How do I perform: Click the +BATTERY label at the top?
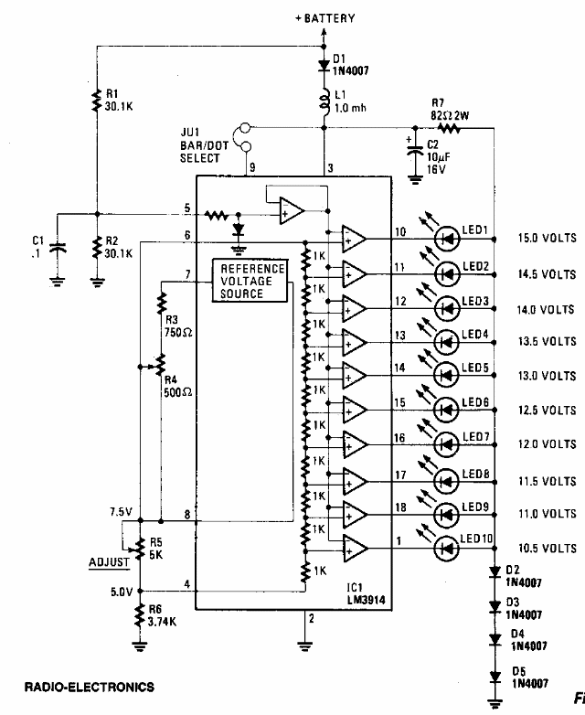(324, 18)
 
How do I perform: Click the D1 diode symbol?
(324, 65)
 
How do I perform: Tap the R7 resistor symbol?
(449, 128)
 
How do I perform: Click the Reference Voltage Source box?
(250, 281)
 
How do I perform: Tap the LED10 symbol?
(446, 549)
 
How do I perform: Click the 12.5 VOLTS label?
(547, 410)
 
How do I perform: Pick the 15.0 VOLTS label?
(547, 238)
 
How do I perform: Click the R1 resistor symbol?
(96, 101)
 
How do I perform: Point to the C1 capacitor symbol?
(57, 248)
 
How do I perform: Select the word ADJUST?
(109, 562)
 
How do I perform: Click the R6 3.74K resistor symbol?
(140, 615)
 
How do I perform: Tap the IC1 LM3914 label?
(367, 593)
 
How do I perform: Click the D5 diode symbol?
(495, 678)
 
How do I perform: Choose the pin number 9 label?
(252, 167)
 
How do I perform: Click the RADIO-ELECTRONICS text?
(90, 688)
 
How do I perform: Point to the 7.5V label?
(121, 512)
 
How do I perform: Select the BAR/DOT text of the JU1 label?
(204, 146)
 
